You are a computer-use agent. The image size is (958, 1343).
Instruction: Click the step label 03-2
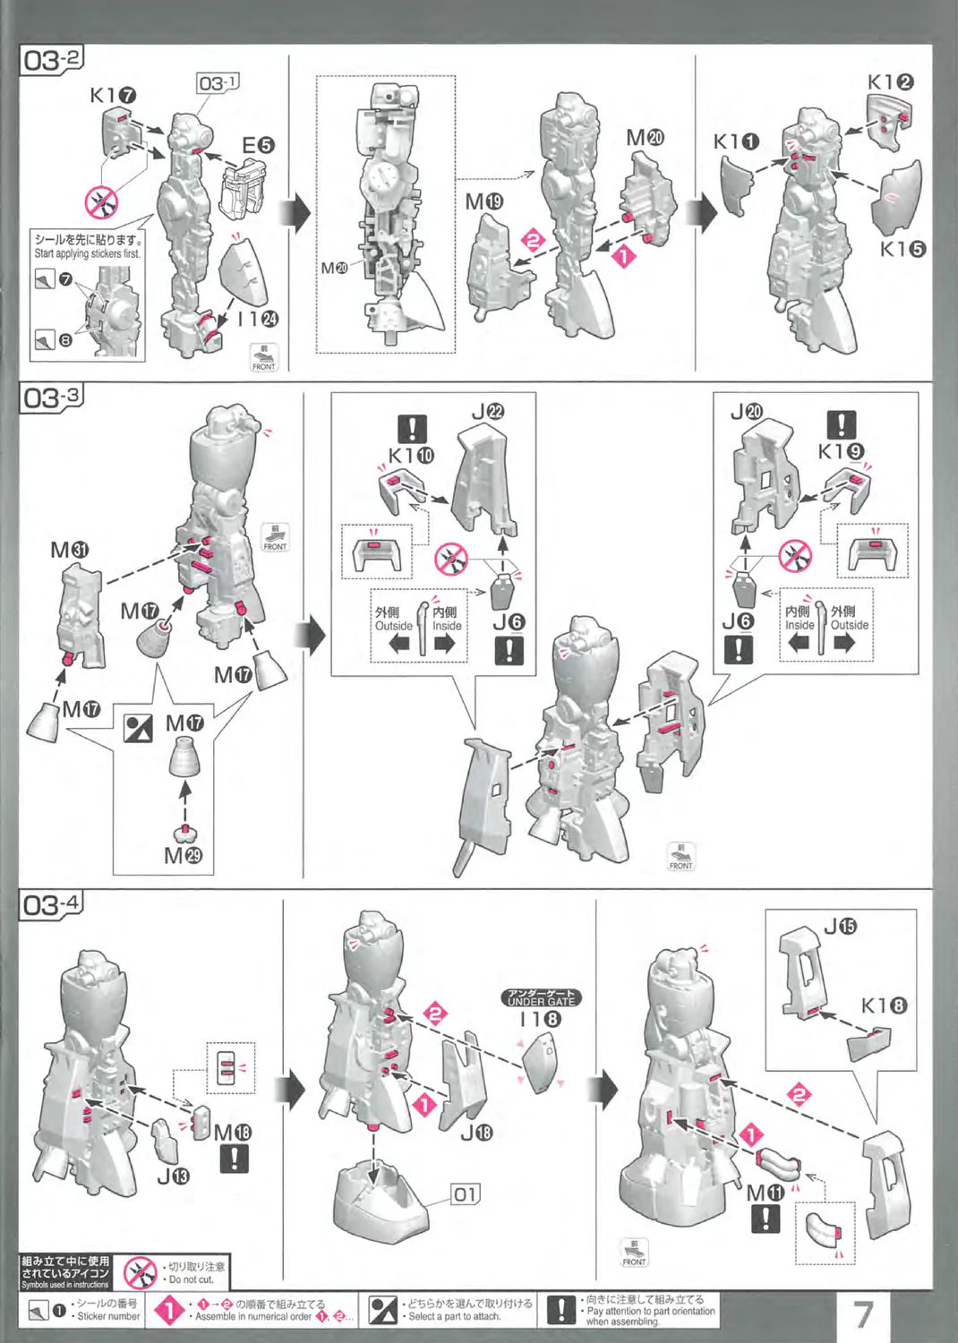coord(51,61)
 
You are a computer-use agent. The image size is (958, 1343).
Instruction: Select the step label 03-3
coord(51,397)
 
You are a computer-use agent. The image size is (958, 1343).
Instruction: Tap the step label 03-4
coord(51,904)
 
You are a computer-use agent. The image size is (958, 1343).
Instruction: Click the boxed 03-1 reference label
coord(218,83)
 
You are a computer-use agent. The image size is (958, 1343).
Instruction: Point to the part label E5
coord(258,145)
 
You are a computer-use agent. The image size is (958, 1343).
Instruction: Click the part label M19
coord(484,202)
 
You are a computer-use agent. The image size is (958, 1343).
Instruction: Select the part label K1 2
coord(890,82)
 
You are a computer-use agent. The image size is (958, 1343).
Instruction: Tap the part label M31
coord(69,550)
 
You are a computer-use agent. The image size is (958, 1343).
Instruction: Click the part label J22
coord(488,412)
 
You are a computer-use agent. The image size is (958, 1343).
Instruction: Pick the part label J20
coord(746,412)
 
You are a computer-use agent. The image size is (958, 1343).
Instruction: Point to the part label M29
coord(183,856)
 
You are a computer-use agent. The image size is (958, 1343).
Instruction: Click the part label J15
coord(840,927)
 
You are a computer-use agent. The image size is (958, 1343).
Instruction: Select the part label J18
coord(476,1133)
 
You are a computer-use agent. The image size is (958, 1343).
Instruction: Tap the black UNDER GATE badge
coord(541,998)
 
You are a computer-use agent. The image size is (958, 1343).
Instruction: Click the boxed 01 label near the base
coord(465,1193)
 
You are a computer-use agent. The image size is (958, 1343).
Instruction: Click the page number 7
coord(862,1314)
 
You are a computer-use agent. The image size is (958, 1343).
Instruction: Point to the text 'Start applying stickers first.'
coord(87,253)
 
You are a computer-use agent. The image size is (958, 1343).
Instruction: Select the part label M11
coord(765,1193)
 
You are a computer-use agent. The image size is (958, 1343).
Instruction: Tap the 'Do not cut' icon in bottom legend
coord(140,1272)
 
